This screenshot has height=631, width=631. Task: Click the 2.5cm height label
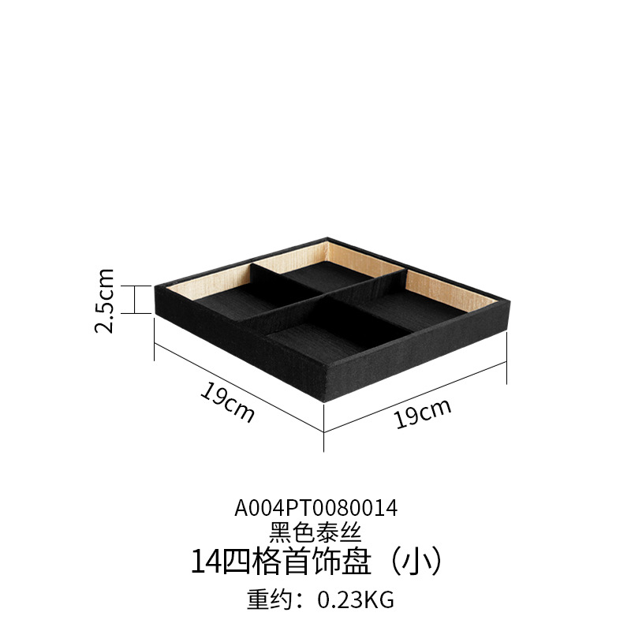(106, 301)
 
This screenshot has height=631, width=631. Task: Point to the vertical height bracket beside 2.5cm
(136, 299)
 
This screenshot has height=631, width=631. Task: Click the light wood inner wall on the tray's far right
(454, 286)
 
